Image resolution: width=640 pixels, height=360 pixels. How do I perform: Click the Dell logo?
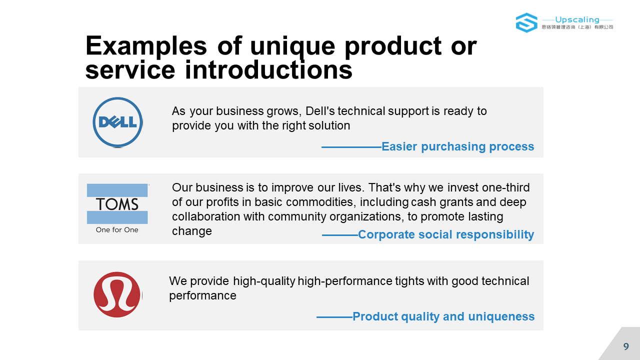pos(117,122)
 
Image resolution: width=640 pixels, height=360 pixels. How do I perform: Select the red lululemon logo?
pos(117,294)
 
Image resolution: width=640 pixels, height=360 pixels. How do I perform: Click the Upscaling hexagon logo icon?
pos(526,22)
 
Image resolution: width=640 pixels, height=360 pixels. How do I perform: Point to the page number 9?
pos(626,346)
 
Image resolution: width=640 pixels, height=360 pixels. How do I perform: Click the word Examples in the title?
pos(146,45)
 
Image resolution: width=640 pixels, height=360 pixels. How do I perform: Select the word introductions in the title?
pos(268,70)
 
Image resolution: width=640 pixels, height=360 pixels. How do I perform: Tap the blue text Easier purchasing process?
pos(457,146)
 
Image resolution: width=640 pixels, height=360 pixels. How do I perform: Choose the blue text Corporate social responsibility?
pos(446,234)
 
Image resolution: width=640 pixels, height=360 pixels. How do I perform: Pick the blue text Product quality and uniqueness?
pos(443,316)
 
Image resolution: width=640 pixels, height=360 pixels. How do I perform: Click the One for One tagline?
pos(117,230)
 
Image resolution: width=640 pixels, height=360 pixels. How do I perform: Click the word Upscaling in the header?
pos(577,19)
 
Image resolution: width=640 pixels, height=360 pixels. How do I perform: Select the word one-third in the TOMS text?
pos(505,187)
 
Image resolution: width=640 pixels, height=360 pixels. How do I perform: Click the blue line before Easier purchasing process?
pos(351,147)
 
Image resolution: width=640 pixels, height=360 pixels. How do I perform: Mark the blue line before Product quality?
pos(334,317)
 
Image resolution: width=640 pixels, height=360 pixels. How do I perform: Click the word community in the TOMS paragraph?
pos(297,217)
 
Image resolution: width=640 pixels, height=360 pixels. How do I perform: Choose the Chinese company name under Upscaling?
pos(577,27)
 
